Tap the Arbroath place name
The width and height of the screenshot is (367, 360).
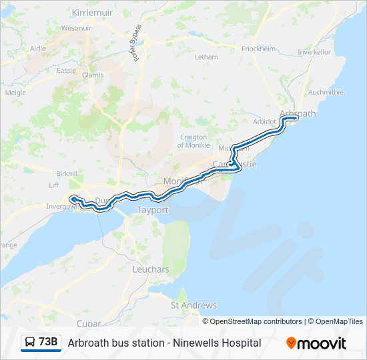(298, 113)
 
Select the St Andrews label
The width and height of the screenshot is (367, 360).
(194, 305)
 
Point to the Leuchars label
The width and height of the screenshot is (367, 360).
(151, 269)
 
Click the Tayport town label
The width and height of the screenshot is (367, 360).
(152, 210)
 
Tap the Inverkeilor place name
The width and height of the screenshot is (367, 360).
(315, 52)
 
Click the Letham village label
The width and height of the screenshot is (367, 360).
(206, 57)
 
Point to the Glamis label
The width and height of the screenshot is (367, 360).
(93, 75)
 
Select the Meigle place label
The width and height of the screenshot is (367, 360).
(15, 93)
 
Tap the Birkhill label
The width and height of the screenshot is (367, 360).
(67, 173)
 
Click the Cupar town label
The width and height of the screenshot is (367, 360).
(89, 323)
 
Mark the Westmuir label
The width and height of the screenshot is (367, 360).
(76, 29)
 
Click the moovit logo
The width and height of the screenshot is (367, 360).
(316, 343)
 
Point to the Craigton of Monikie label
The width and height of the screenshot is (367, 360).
(194, 141)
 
